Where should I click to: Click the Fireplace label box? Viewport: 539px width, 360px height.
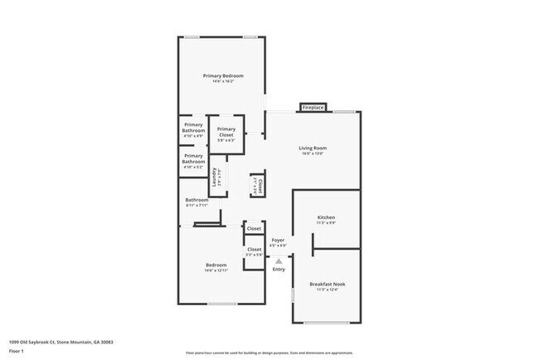[x=313, y=108]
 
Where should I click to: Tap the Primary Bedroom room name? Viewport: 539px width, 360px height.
[x=223, y=75]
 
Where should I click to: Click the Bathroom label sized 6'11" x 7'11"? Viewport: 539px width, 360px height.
[x=197, y=200]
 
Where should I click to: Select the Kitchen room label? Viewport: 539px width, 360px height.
[x=326, y=217]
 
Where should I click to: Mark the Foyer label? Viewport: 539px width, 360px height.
[x=279, y=240]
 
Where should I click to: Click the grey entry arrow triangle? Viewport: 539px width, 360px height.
[x=279, y=260]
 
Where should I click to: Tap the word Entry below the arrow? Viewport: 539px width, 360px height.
[x=279, y=269]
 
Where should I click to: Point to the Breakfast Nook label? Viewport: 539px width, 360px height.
[x=327, y=284]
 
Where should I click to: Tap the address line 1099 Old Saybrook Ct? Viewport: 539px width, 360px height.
[x=61, y=340]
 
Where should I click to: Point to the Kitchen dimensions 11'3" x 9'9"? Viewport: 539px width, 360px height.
[x=326, y=222]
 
